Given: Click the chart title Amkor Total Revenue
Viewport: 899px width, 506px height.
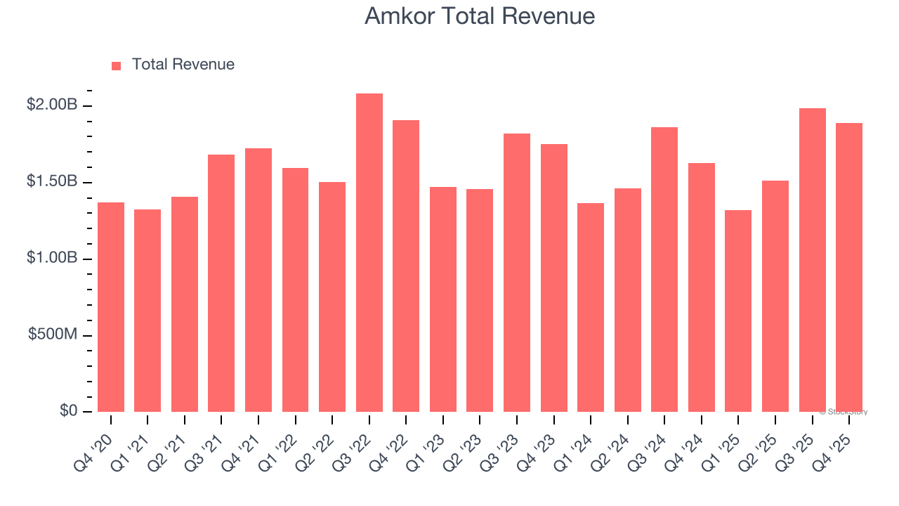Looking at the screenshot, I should pyautogui.click(x=480, y=16).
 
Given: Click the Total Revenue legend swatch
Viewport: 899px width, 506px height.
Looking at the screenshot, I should pyautogui.click(x=117, y=65).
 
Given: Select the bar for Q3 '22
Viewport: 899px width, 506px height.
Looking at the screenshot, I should pyautogui.click(x=369, y=253).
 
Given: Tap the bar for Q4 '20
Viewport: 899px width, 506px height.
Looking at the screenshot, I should pyautogui.click(x=111, y=307).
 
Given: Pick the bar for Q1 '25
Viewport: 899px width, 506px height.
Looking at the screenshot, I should pyautogui.click(x=738, y=311).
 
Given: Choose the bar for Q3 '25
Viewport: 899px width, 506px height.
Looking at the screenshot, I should pyautogui.click(x=813, y=260).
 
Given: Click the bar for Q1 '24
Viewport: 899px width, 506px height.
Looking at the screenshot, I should pyautogui.click(x=591, y=307).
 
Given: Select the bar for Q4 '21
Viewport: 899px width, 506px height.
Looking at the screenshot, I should pyautogui.click(x=258, y=280).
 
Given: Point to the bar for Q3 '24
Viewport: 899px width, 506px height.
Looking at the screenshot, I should pyautogui.click(x=664, y=269).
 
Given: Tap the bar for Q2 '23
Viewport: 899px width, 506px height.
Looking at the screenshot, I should pyautogui.click(x=480, y=300).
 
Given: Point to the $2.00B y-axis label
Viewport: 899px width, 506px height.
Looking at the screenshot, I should pyautogui.click(x=52, y=105).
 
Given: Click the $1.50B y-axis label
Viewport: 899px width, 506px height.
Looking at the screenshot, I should pyautogui.click(x=52, y=182).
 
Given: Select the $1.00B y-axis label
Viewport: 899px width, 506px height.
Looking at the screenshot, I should pyautogui.click(x=52, y=259).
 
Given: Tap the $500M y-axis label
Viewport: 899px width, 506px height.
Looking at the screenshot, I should pyautogui.click(x=53, y=335).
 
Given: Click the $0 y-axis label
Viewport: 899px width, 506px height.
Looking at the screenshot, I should pyautogui.click(x=68, y=411).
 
